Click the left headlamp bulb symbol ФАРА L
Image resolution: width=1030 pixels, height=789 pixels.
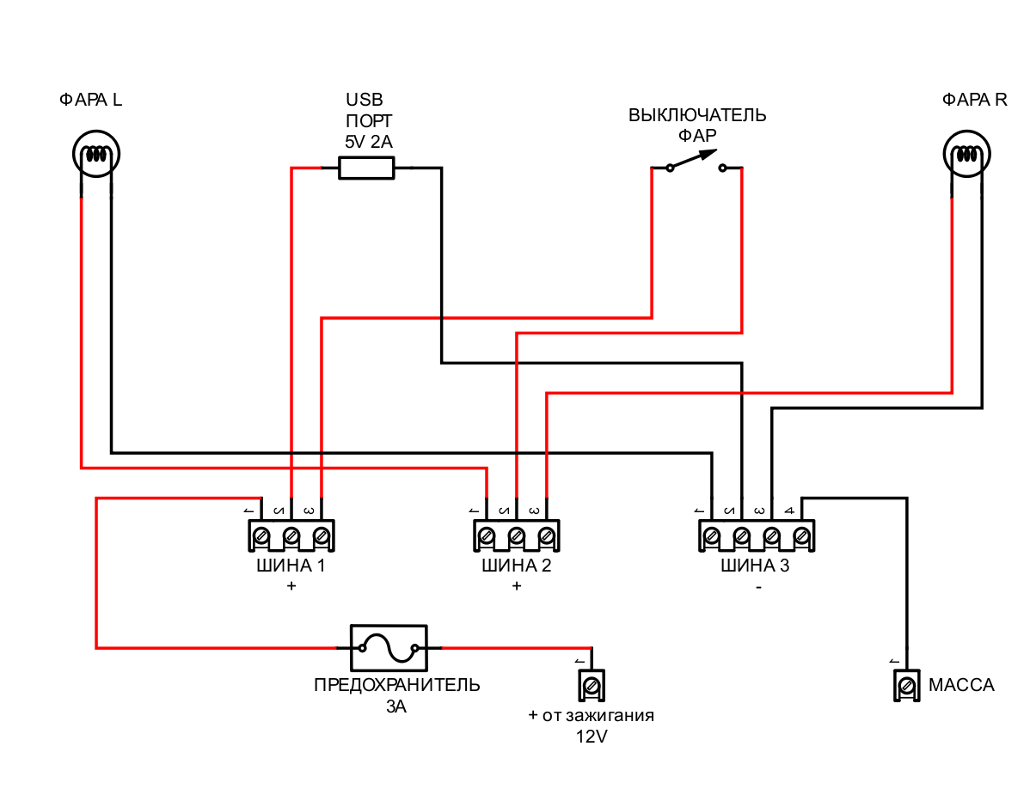95,156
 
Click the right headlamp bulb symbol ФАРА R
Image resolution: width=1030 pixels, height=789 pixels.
967,156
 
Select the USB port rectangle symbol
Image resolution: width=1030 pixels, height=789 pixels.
366,168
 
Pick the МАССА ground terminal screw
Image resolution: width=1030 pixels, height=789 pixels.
905,685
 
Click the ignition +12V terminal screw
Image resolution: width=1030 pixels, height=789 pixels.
592,685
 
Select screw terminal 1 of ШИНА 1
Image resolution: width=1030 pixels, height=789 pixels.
262,536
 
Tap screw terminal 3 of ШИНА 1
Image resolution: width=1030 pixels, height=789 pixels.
321,536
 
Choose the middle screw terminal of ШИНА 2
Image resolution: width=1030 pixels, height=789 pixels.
516,536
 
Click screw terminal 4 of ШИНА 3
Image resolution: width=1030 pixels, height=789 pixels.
801,536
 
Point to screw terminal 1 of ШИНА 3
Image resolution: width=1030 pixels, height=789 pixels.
712,536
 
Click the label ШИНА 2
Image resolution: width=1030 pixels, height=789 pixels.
516,566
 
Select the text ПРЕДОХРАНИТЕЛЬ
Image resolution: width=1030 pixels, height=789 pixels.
396,685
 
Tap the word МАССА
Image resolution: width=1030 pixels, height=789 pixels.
961,685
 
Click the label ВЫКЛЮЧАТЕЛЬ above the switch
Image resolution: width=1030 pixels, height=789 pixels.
696,115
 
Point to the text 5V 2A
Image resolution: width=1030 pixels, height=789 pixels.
367,140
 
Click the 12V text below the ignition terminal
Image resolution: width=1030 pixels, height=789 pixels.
592,737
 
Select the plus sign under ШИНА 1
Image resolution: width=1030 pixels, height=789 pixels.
291,586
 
